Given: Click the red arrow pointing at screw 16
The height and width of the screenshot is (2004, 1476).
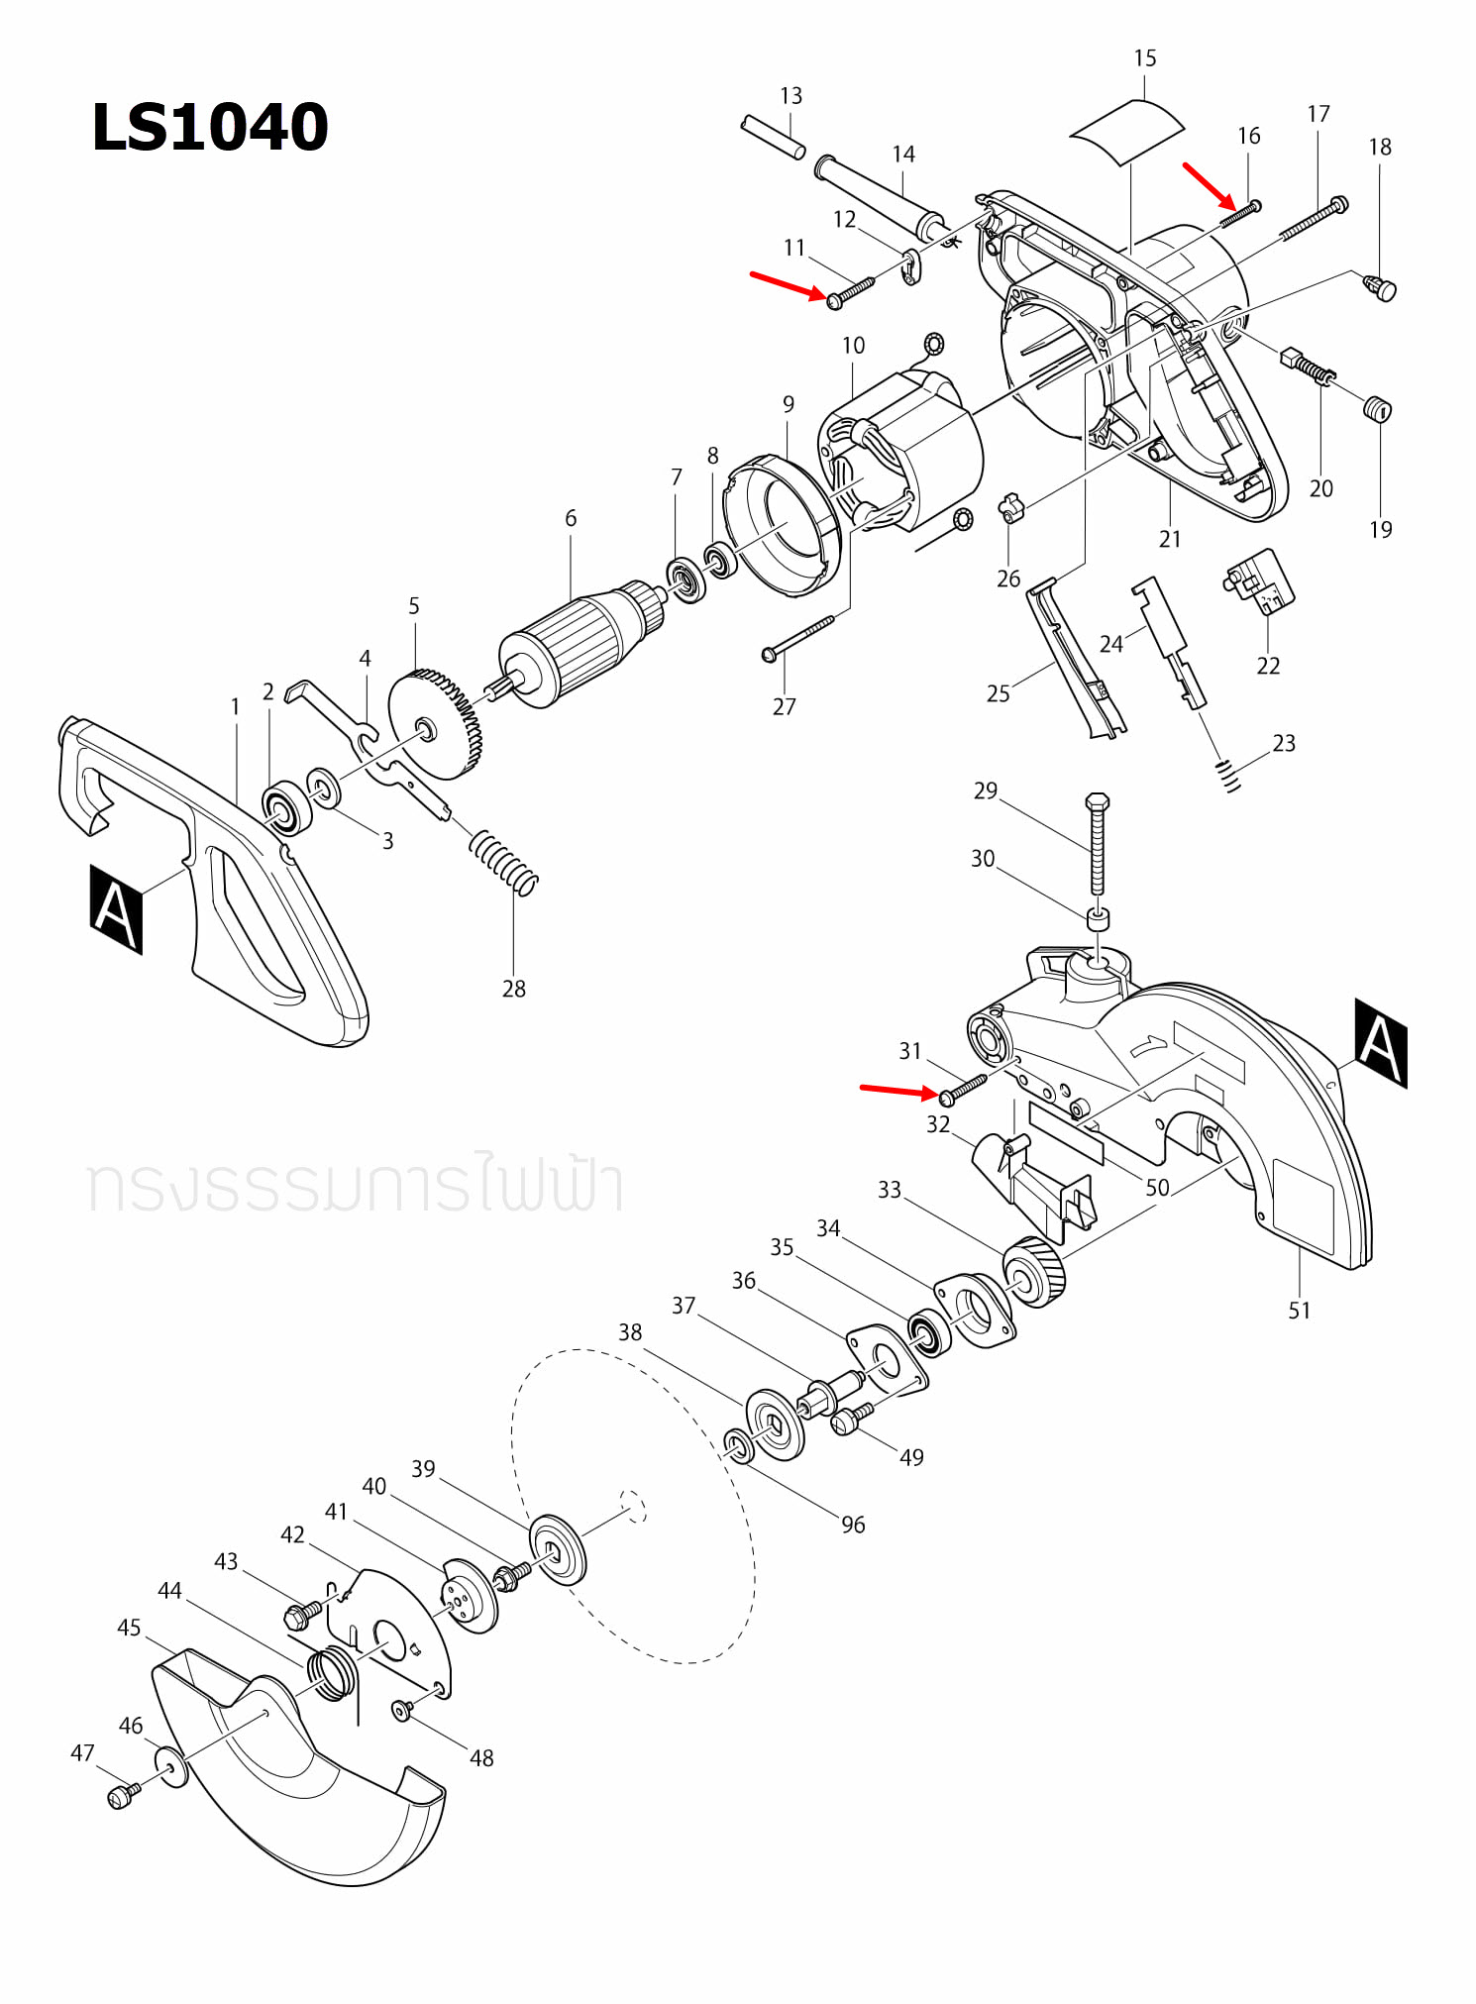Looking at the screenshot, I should tap(1208, 185).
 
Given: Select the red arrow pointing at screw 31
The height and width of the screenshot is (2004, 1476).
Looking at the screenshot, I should tap(896, 1090).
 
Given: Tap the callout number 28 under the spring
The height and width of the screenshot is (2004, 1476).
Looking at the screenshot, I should tap(513, 989).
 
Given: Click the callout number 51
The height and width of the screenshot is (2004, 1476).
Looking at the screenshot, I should tap(1299, 1311).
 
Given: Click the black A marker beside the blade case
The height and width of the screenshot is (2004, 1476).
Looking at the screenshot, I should tap(1380, 1043).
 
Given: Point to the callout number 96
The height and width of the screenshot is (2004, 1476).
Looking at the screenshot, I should tap(853, 1525).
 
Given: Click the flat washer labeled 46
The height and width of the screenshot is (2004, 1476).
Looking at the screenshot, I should tap(170, 1767).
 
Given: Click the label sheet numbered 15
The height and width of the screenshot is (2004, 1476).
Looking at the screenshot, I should tap(1127, 131).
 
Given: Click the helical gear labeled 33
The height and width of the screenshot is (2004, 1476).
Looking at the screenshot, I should tap(1034, 1272).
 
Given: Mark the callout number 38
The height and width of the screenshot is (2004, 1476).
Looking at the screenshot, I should tap(630, 1332).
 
